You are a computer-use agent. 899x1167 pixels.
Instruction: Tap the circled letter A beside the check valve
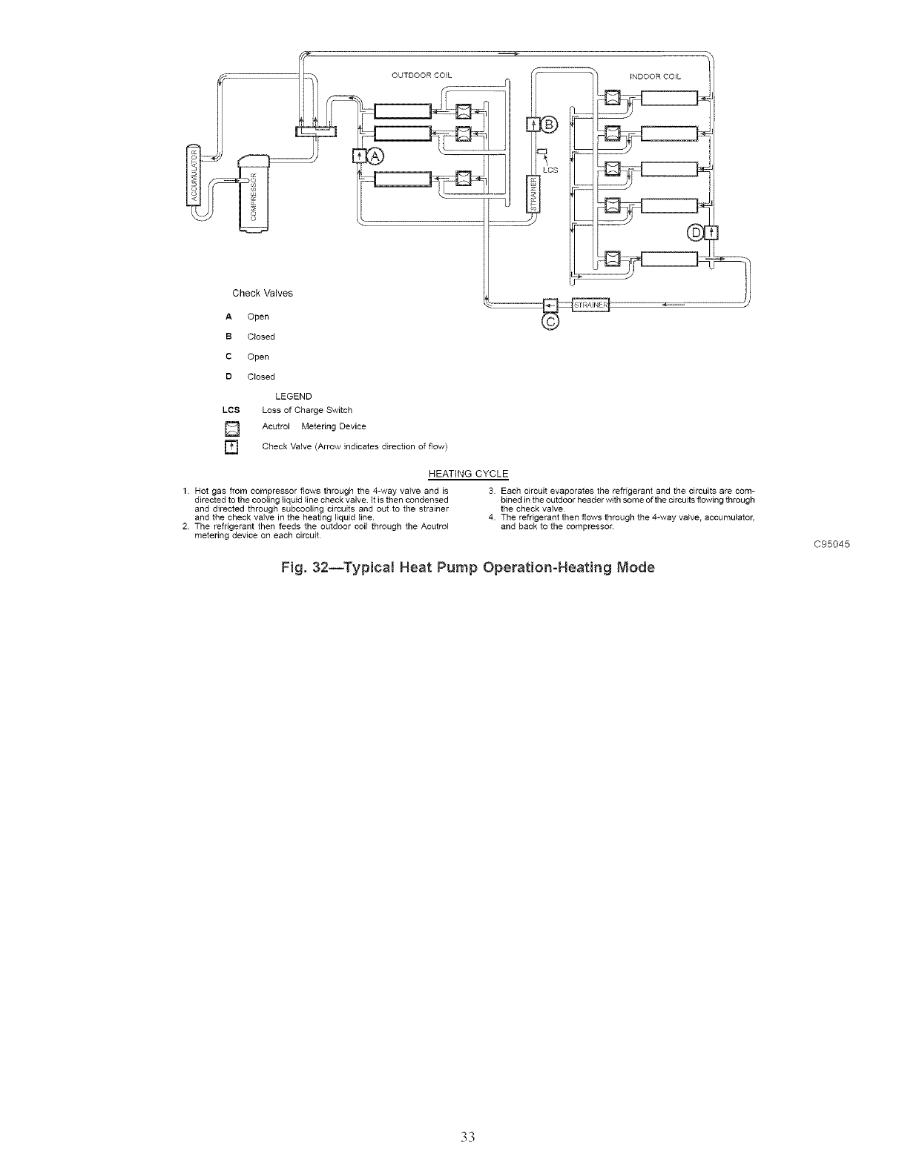pyautogui.click(x=375, y=156)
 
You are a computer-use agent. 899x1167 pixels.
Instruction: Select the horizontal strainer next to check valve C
pyautogui.click(x=590, y=305)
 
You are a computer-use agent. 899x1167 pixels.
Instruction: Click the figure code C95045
pyautogui.click(x=831, y=545)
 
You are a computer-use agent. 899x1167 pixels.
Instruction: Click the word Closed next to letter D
pyautogui.click(x=261, y=377)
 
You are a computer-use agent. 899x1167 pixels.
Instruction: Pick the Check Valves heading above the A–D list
pyautogui.click(x=263, y=293)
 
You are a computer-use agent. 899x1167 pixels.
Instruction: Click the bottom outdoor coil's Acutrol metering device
pyautogui.click(x=464, y=178)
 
